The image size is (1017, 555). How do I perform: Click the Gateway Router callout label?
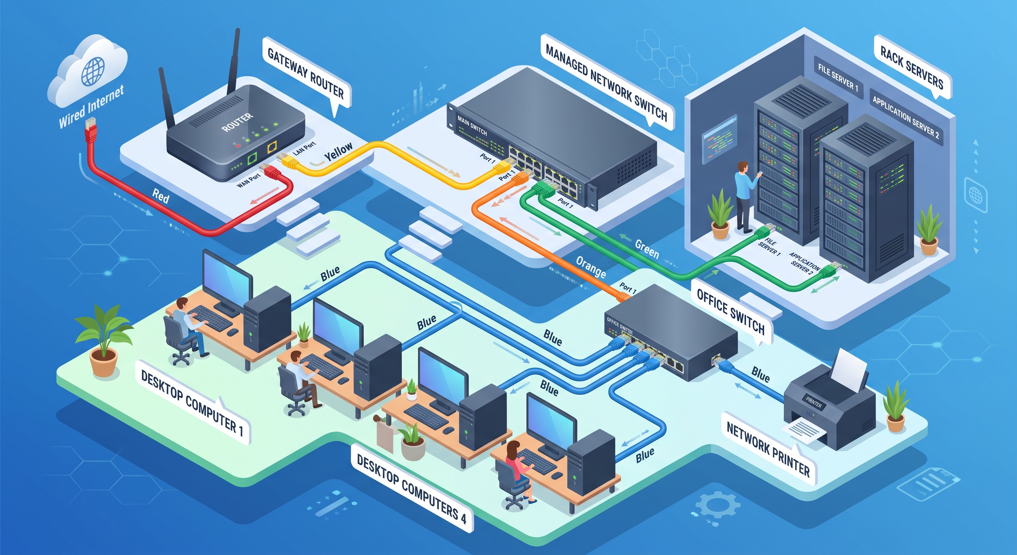[x=306, y=73]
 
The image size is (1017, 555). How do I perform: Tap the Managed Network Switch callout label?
[x=606, y=83]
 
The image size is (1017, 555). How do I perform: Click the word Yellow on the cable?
[x=338, y=152]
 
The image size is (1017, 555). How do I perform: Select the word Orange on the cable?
[x=590, y=267]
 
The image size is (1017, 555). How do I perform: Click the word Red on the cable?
[x=160, y=195]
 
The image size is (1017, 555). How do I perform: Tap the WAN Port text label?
[x=248, y=181]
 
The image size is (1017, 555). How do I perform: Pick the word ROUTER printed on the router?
[x=237, y=122]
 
